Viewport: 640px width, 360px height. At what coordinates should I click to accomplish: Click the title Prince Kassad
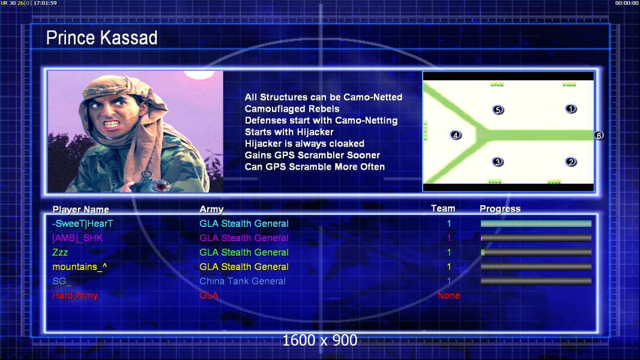pyautogui.click(x=101, y=38)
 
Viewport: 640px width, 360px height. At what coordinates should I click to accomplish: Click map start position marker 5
pyautogui.click(x=498, y=110)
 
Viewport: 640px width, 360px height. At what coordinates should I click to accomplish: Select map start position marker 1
pyautogui.click(x=570, y=109)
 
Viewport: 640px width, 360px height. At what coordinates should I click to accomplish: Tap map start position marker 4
pyautogui.click(x=456, y=135)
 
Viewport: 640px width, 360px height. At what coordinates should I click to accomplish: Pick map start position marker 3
pyautogui.click(x=498, y=162)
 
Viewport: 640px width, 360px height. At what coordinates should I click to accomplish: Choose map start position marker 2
pyautogui.click(x=570, y=162)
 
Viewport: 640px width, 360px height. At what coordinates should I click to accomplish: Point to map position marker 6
pyautogui.click(x=599, y=136)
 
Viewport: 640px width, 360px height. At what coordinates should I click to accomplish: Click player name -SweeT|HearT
pyautogui.click(x=82, y=223)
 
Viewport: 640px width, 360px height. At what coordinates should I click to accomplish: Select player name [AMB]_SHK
pyautogui.click(x=77, y=238)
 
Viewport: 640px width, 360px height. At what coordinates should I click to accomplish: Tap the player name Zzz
pyautogui.click(x=60, y=253)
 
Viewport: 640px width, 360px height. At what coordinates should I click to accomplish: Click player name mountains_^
pyautogui.click(x=80, y=266)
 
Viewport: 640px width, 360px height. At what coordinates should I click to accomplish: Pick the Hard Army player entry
pyautogui.click(x=75, y=296)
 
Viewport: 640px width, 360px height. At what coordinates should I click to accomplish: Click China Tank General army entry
pyautogui.click(x=243, y=281)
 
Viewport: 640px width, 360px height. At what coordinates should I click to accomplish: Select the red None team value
pyautogui.click(x=448, y=296)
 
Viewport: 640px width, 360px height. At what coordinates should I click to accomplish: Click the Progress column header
pyautogui.click(x=500, y=209)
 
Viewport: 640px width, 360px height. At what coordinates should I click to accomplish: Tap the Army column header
pyautogui.click(x=211, y=209)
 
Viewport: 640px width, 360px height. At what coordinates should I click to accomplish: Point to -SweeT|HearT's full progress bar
pyautogui.click(x=536, y=223)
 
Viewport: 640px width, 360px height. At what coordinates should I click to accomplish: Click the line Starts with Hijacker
pyautogui.click(x=289, y=132)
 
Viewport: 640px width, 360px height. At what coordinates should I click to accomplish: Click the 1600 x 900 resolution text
pyautogui.click(x=319, y=340)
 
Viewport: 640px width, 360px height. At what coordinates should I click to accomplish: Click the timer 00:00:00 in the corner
pyautogui.click(x=627, y=3)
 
